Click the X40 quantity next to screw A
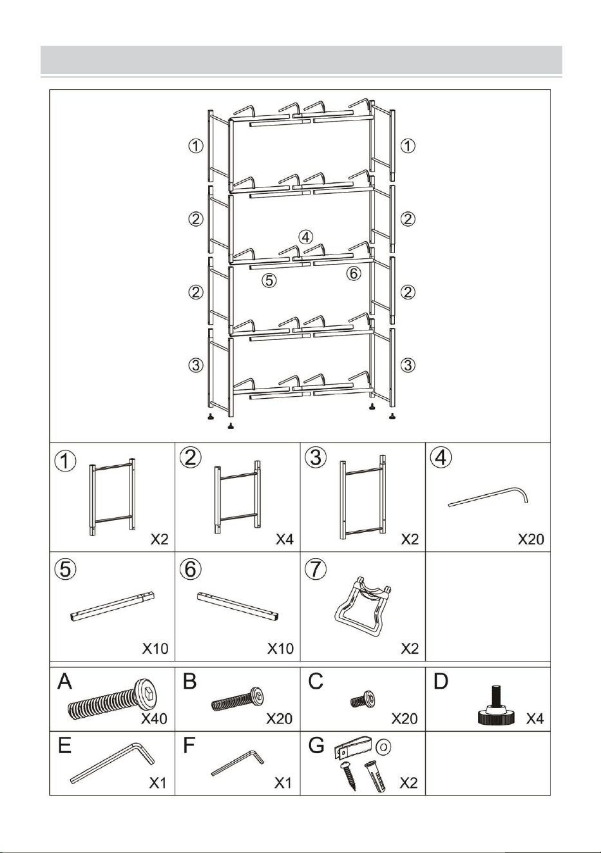point(154,718)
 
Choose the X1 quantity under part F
point(283,783)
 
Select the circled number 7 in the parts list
point(316,569)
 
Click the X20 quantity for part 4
point(531,539)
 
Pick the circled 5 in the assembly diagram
point(269,281)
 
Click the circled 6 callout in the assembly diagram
point(354,273)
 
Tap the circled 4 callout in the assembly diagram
point(305,237)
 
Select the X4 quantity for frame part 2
point(285,539)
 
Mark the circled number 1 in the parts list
point(66,461)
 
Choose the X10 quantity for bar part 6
point(280,649)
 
